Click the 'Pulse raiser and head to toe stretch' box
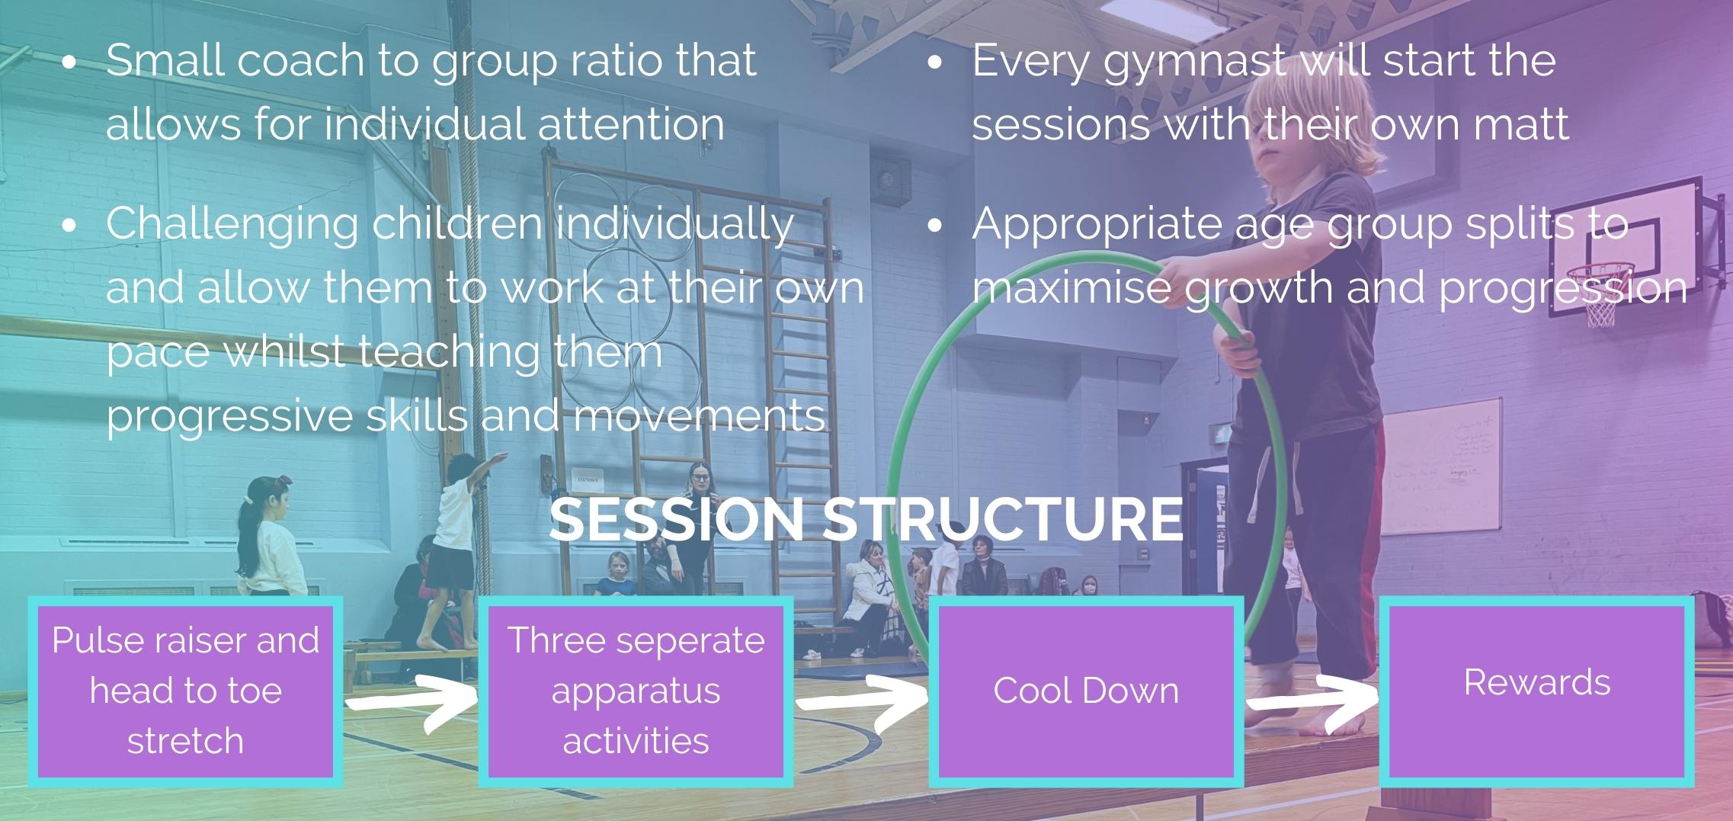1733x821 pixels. click(x=185, y=691)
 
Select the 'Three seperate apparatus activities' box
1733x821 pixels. click(x=636, y=691)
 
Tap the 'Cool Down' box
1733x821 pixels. click(x=1086, y=691)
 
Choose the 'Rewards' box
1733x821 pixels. click(x=1537, y=691)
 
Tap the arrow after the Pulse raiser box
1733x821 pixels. click(x=412, y=703)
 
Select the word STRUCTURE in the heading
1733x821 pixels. click(x=1003, y=519)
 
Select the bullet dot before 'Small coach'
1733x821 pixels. click(x=69, y=63)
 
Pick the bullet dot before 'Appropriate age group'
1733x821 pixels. click(x=937, y=226)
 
